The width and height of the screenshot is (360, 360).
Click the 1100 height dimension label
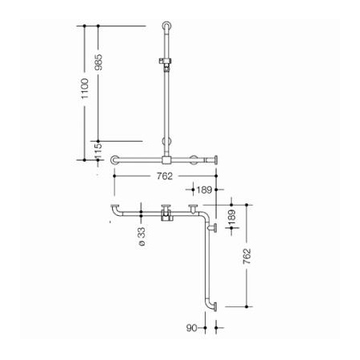click(x=85, y=88)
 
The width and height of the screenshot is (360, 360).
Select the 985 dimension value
click(x=98, y=62)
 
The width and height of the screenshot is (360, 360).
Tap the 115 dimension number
click(x=98, y=151)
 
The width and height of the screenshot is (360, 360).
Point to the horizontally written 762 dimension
click(x=165, y=176)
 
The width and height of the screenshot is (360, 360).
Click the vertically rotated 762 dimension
click(x=247, y=256)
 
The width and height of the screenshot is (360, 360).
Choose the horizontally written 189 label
click(x=204, y=190)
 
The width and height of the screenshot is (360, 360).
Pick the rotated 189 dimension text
click(x=231, y=218)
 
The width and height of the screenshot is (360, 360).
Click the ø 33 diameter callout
click(x=142, y=236)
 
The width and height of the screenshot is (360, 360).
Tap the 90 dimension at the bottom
click(x=192, y=328)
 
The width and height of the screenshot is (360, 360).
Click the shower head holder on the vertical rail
click(x=165, y=63)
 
